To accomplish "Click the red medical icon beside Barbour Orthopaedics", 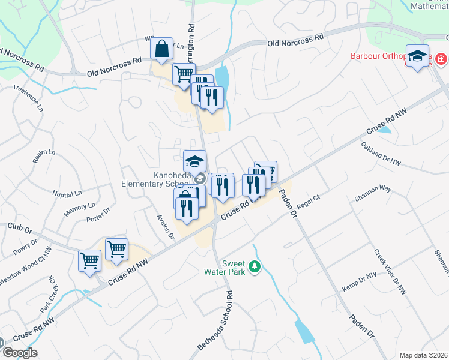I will coord(441,59).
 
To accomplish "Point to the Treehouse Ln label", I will coord(28,97).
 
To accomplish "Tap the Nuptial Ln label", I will coord(67,194).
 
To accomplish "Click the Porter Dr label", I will coord(98,214).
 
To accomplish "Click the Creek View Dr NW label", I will coord(390,272).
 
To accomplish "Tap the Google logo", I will coord(19,353).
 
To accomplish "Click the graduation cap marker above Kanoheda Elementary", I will coord(194,161).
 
